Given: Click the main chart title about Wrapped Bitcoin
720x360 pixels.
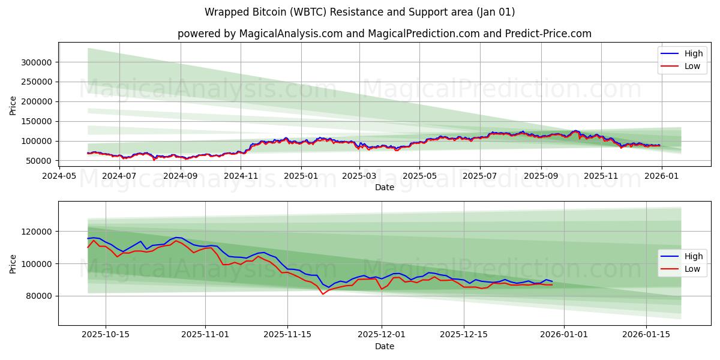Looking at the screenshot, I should click(x=359, y=12).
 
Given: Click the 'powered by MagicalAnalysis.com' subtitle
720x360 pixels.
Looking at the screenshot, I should click(x=384, y=34).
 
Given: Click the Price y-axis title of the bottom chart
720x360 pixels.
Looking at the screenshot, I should click(x=13, y=263).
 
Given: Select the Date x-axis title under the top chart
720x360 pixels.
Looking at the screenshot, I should click(x=384, y=187).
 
